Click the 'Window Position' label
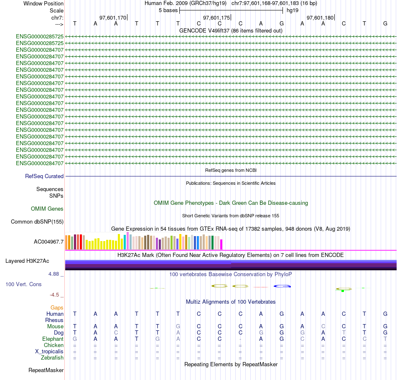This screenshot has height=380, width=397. (43, 3)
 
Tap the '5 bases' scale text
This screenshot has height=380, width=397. (168, 10)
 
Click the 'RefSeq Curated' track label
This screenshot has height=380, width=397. (44, 176)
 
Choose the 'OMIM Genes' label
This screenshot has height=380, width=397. (47, 209)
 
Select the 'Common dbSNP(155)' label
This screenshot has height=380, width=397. (37, 222)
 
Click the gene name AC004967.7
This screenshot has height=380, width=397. (48, 242)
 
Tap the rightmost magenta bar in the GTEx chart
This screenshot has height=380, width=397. (221, 244)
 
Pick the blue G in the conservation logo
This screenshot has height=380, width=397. (282, 286)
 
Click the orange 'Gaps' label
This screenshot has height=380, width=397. (57, 307)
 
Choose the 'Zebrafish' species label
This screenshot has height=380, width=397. (52, 357)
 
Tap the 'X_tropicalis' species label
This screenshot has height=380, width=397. (49, 351)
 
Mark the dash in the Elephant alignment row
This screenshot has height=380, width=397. (240, 339)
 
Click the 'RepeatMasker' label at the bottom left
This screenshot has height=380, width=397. (46, 370)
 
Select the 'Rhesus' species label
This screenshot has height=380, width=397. (54, 320)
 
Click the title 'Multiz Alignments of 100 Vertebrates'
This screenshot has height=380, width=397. (231, 302)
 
